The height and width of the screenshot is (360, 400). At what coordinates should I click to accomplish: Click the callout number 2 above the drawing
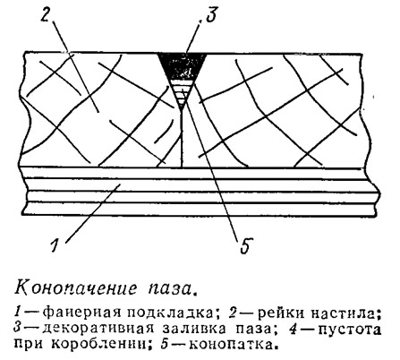(x=47, y=13)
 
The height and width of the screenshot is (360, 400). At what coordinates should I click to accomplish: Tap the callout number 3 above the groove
(x=209, y=14)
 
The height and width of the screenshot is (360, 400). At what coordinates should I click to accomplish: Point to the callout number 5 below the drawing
(x=246, y=246)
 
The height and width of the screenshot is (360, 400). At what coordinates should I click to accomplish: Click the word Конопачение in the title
(x=76, y=288)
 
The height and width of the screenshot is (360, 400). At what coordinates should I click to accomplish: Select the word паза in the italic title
(x=173, y=289)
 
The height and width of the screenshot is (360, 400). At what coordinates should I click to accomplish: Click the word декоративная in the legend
(x=98, y=329)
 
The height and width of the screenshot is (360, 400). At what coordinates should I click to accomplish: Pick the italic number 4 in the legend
(x=294, y=329)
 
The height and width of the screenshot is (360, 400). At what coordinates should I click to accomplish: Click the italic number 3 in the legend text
(x=18, y=329)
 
